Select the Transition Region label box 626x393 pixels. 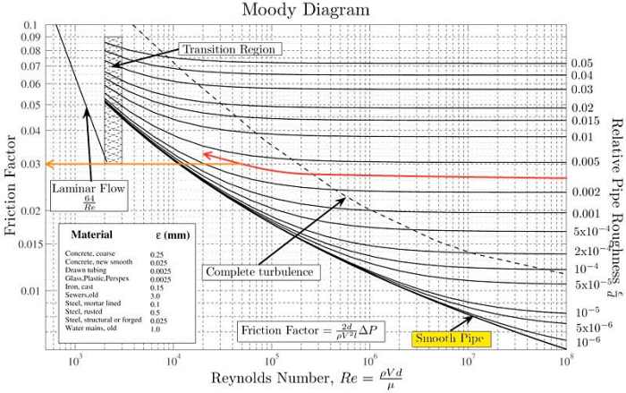(x=230, y=47)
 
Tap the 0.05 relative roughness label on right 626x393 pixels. (x=582, y=64)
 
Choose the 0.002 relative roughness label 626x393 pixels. (x=585, y=192)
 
